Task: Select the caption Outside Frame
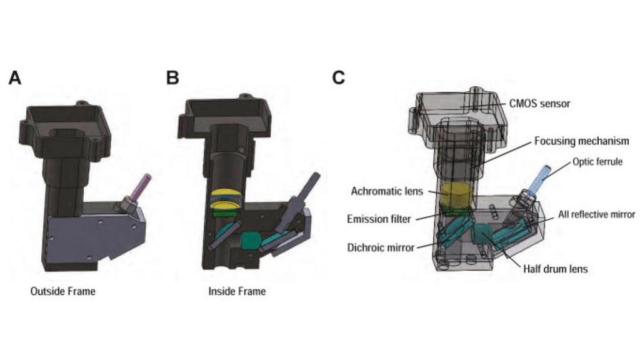[62, 291]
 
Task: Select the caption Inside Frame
[237, 291]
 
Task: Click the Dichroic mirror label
[381, 247]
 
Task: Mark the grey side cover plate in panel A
[94, 234]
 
